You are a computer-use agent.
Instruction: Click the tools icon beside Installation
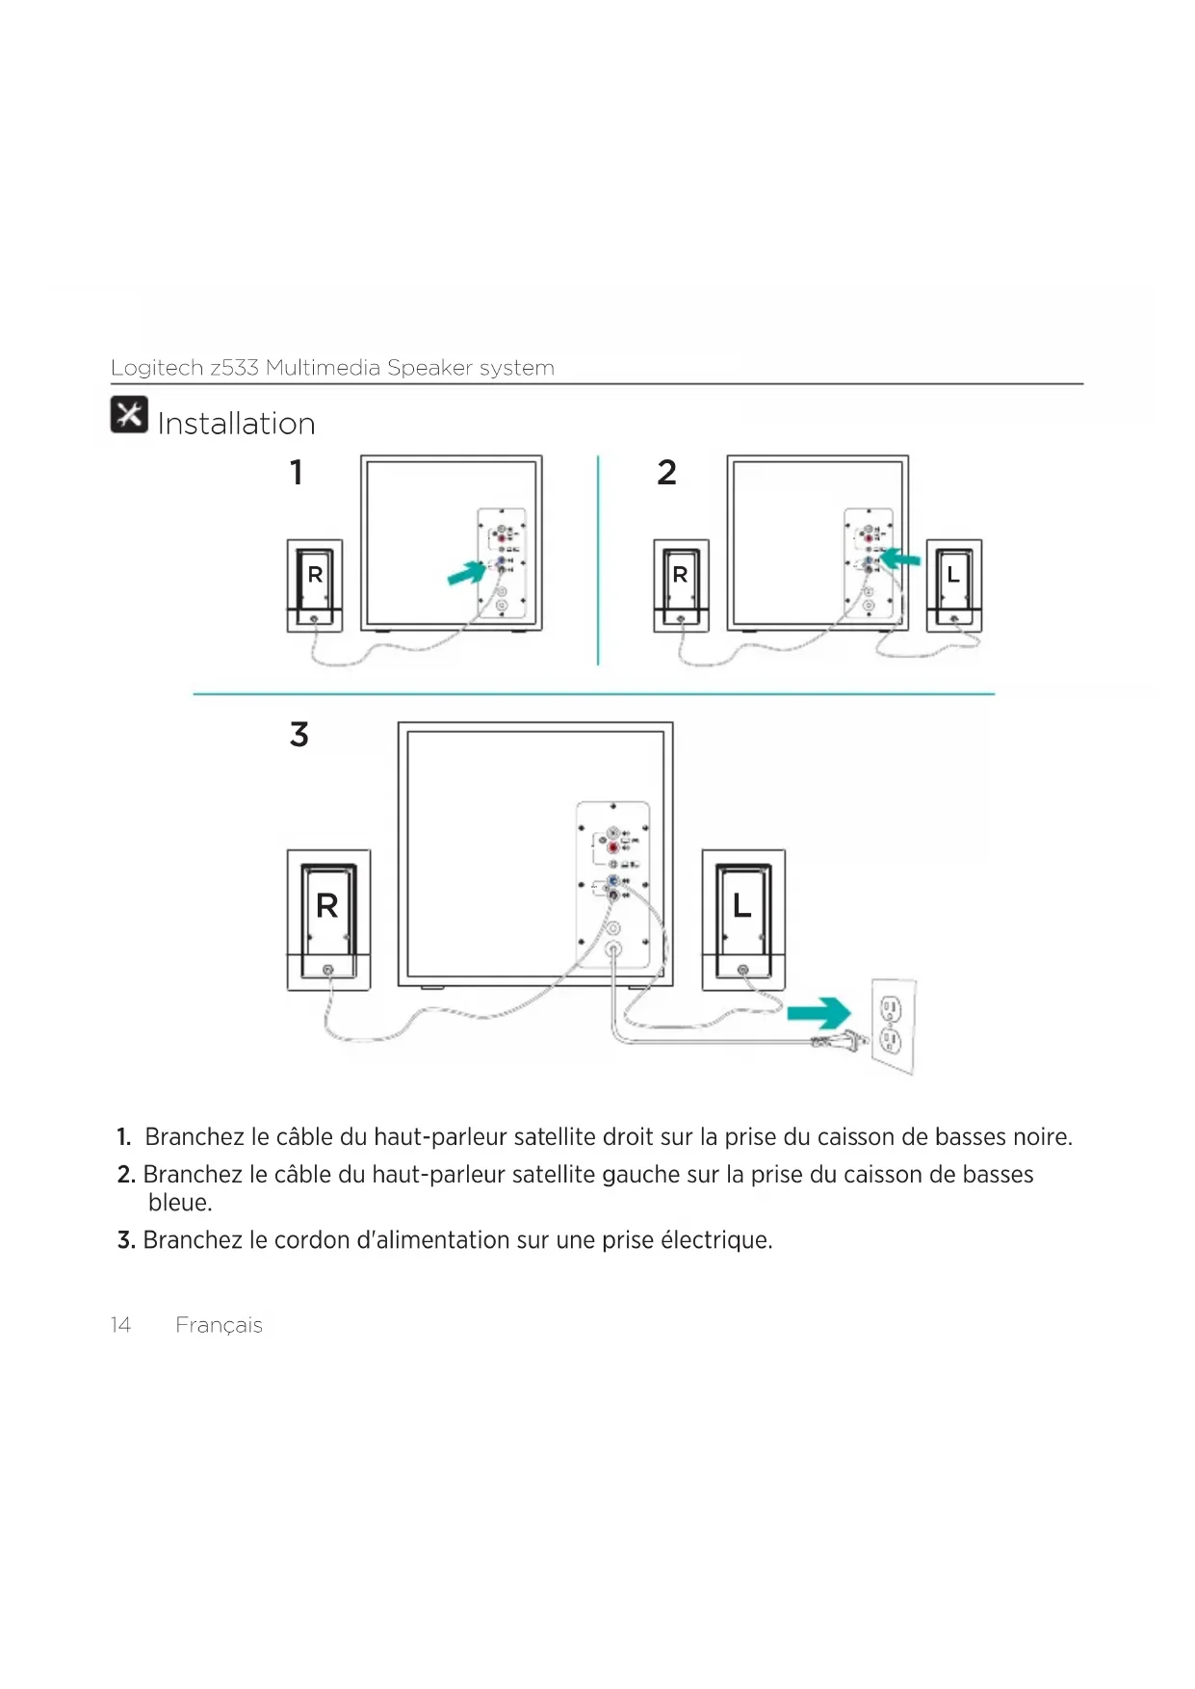(129, 414)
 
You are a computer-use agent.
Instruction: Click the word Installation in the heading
(236, 424)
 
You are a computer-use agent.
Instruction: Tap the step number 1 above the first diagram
(297, 473)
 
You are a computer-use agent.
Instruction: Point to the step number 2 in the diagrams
(666, 473)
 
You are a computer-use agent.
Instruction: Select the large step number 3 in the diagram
(299, 735)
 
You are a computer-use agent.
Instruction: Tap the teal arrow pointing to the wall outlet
(819, 1013)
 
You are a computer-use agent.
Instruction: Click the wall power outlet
(893, 1026)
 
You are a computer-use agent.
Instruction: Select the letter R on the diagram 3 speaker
(327, 906)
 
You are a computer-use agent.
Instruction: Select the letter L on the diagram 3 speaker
(741, 905)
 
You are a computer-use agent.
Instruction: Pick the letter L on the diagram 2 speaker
(953, 575)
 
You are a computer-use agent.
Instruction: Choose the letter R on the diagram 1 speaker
(315, 575)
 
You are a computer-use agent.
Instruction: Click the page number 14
(120, 1325)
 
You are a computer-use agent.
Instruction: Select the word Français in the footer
(219, 1326)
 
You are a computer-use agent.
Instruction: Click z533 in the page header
(234, 368)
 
